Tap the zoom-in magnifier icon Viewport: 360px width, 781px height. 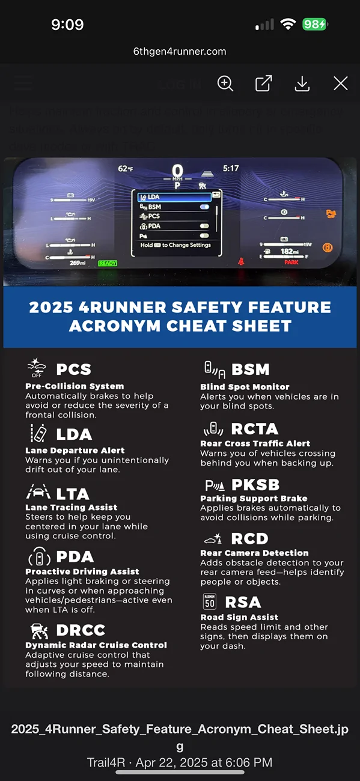(x=225, y=84)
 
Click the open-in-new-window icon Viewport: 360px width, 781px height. (x=263, y=84)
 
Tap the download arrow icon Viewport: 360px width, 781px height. (x=302, y=84)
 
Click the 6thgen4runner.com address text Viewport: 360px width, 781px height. (x=180, y=51)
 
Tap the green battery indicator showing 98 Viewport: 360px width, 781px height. (x=314, y=25)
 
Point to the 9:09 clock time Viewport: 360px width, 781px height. (x=67, y=25)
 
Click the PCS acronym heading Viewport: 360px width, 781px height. (x=73, y=369)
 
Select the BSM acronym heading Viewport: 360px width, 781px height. (x=250, y=369)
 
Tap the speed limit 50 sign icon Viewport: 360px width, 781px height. (x=209, y=602)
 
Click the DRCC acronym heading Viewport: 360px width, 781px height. (x=81, y=630)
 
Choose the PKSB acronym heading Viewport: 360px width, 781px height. (x=255, y=485)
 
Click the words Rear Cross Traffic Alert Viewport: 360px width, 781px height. (x=255, y=443)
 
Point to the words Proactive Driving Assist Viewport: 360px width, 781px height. (x=82, y=571)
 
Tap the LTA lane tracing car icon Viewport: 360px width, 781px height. (x=38, y=493)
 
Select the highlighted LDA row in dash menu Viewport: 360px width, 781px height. (x=174, y=197)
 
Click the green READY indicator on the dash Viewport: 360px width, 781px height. (x=108, y=263)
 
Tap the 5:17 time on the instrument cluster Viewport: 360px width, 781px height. (x=231, y=169)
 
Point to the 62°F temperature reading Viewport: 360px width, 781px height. (x=126, y=169)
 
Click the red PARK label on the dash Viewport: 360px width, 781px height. (x=291, y=262)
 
